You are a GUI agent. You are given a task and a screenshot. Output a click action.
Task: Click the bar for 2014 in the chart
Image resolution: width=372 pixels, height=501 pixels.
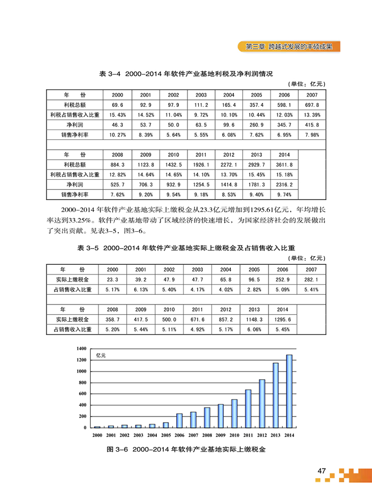(289, 391)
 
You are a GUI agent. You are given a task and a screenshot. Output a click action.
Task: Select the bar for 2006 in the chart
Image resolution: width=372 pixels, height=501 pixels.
(179, 421)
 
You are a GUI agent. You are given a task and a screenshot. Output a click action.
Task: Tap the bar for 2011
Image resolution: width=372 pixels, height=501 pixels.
(248, 408)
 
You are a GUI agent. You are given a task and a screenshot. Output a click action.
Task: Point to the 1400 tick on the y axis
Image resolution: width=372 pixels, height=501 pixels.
(82, 348)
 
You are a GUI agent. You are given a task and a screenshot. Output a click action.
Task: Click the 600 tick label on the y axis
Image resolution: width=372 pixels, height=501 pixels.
(84, 394)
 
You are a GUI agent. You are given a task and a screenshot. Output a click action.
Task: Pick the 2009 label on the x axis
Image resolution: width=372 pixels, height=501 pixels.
(221, 435)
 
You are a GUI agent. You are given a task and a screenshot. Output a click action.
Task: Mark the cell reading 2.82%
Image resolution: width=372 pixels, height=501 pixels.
(256, 290)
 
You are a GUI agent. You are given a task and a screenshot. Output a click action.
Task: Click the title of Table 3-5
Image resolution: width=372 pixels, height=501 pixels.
(186, 247)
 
